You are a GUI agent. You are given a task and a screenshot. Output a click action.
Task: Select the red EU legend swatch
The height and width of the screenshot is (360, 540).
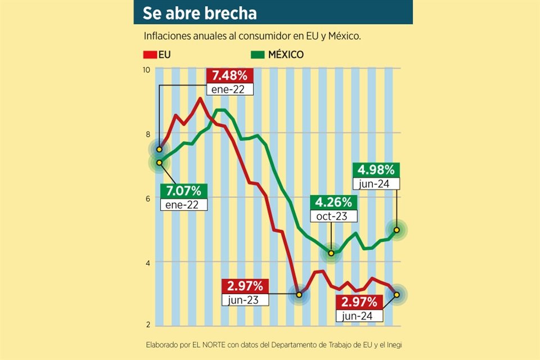point(149,55)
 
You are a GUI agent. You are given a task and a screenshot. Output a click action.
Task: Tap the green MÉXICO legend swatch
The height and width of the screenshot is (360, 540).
point(257,55)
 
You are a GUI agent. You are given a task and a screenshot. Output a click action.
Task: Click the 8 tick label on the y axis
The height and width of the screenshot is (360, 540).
point(147,134)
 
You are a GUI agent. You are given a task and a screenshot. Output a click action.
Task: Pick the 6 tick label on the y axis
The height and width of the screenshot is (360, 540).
point(147,199)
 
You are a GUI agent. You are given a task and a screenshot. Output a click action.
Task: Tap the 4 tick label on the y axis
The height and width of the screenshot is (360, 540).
point(147,263)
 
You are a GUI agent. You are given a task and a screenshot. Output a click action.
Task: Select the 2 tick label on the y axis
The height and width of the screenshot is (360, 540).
point(147,325)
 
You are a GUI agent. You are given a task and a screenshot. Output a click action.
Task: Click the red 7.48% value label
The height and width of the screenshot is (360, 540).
point(230,75)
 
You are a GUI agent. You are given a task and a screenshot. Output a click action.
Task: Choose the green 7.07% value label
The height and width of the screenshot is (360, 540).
point(183,191)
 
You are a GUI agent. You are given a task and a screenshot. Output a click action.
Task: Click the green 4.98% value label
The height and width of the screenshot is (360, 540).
point(376,169)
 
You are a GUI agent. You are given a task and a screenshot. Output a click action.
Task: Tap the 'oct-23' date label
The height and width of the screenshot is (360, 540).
point(332,217)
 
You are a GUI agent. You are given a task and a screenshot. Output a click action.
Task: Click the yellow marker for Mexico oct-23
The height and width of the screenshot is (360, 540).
point(331,254)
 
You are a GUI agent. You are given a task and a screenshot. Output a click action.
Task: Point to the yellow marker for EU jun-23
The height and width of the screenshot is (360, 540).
point(299,295)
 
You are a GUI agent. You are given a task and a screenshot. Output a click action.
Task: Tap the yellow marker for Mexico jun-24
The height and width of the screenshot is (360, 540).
point(397,230)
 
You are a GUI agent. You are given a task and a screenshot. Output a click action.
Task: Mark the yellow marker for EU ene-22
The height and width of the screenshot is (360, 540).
point(159,150)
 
